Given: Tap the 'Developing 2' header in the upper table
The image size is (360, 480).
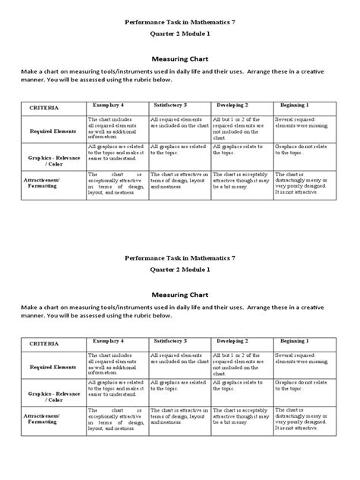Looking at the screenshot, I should tap(232, 106).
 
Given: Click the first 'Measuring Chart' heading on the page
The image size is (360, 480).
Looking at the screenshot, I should tap(180, 55).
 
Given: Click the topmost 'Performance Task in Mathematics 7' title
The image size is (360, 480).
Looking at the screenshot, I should tap(180, 24).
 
